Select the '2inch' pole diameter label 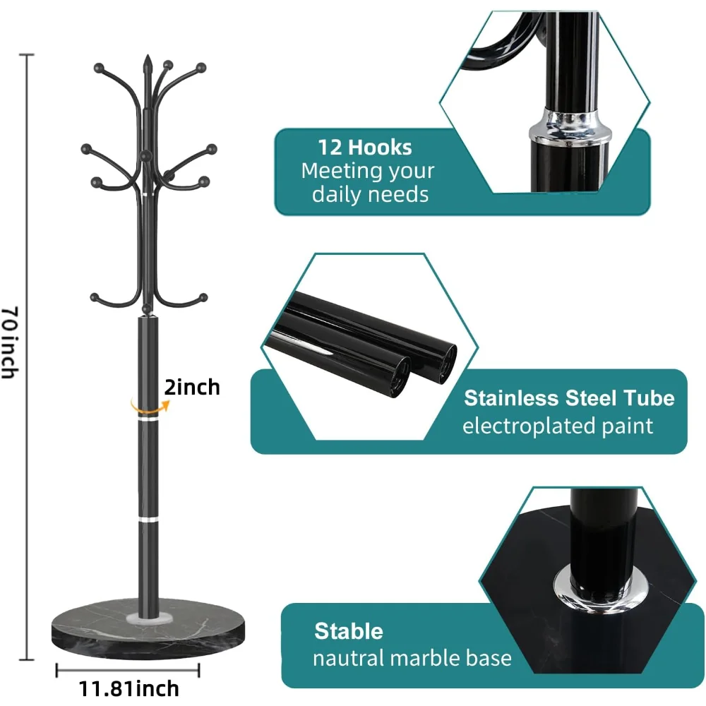pyautogui.click(x=192, y=387)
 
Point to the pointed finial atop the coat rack pyautogui.click(x=148, y=64)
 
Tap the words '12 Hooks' pyautogui.click(x=364, y=147)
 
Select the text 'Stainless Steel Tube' pyautogui.click(x=569, y=398)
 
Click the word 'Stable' pyautogui.click(x=349, y=630)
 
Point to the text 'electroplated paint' pyautogui.click(x=558, y=426)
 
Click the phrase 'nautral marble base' pyautogui.click(x=412, y=658)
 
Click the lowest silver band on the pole pyautogui.click(x=148, y=519)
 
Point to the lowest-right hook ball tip pyautogui.click(x=203, y=297)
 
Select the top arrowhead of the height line pyautogui.click(x=28, y=55)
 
